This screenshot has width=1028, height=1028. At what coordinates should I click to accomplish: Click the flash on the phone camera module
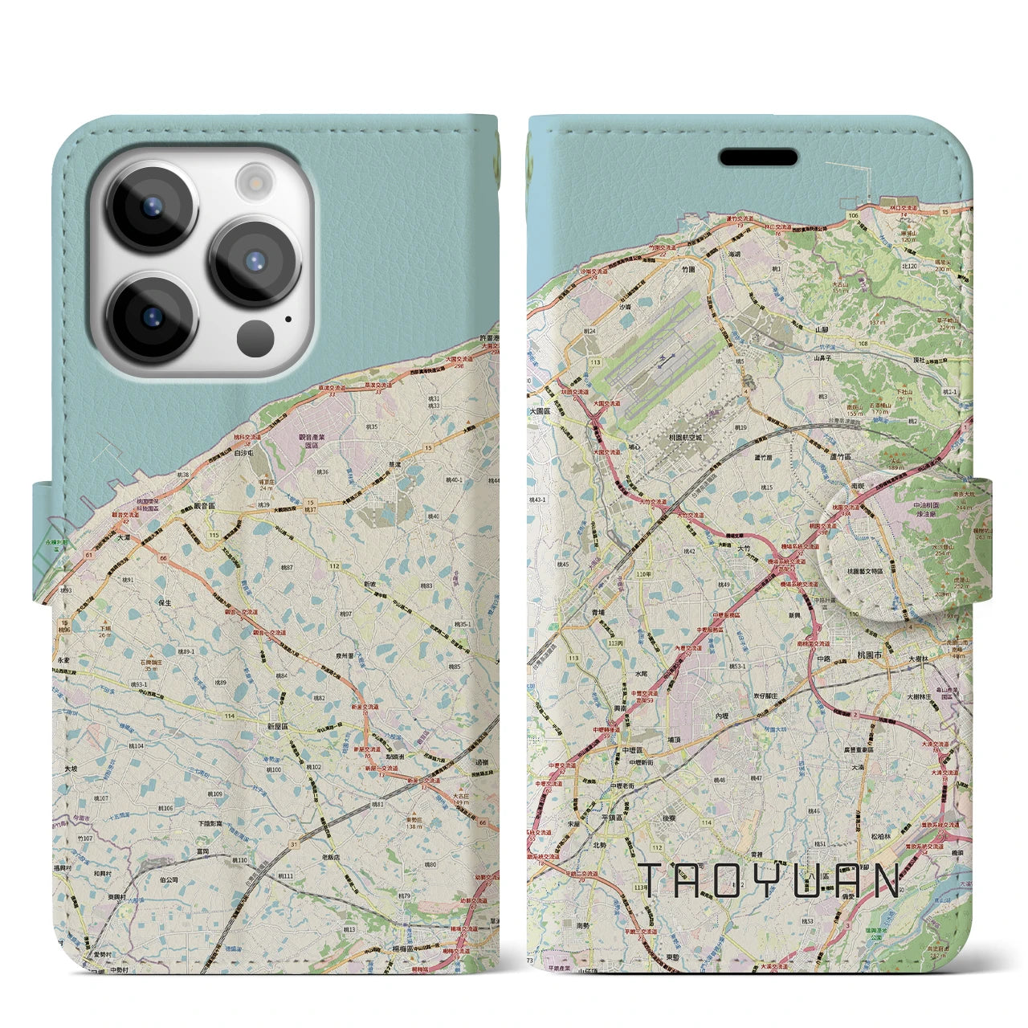(255, 182)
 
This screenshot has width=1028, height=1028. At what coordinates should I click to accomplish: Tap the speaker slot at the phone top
(757, 157)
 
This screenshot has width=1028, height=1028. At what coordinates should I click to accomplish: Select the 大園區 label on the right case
(540, 410)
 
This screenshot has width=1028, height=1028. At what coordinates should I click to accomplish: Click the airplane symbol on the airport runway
(660, 362)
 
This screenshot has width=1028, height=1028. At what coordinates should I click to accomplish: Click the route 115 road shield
(214, 535)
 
